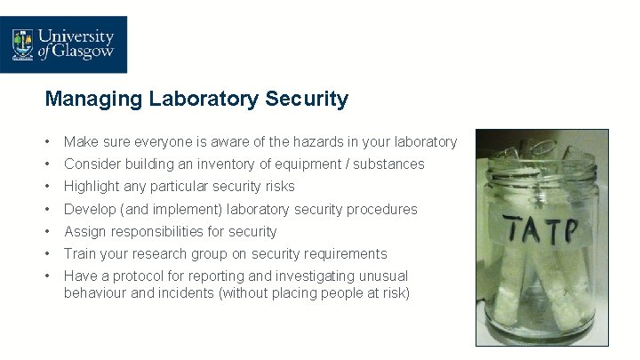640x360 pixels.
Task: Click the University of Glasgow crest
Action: click(22, 44)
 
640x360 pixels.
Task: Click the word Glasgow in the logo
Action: click(86, 52)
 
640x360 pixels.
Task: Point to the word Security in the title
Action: click(307, 99)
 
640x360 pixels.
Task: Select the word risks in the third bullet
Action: click(278, 187)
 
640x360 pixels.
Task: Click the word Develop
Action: click(88, 210)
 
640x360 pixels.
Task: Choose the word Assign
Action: click(83, 232)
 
